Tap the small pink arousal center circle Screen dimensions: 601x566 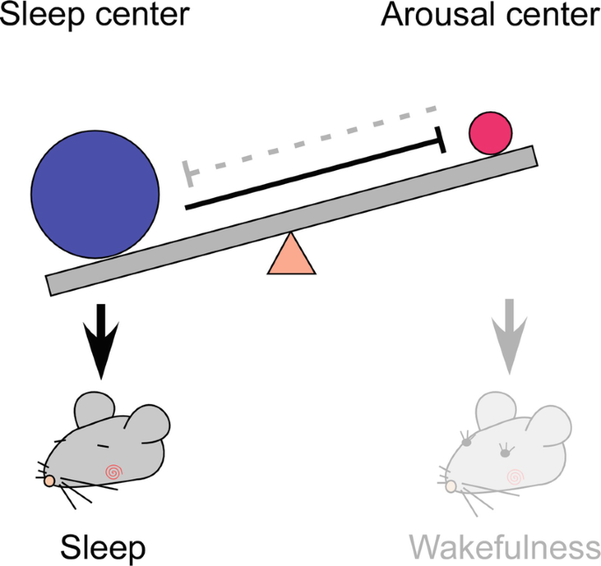tap(490, 133)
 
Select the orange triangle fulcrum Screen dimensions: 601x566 tap(291, 256)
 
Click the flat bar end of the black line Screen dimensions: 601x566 tap(440, 139)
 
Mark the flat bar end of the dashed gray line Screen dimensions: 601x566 tap(187, 174)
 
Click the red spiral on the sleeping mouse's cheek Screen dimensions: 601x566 tap(112, 472)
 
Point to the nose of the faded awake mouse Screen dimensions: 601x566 tap(451, 485)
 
